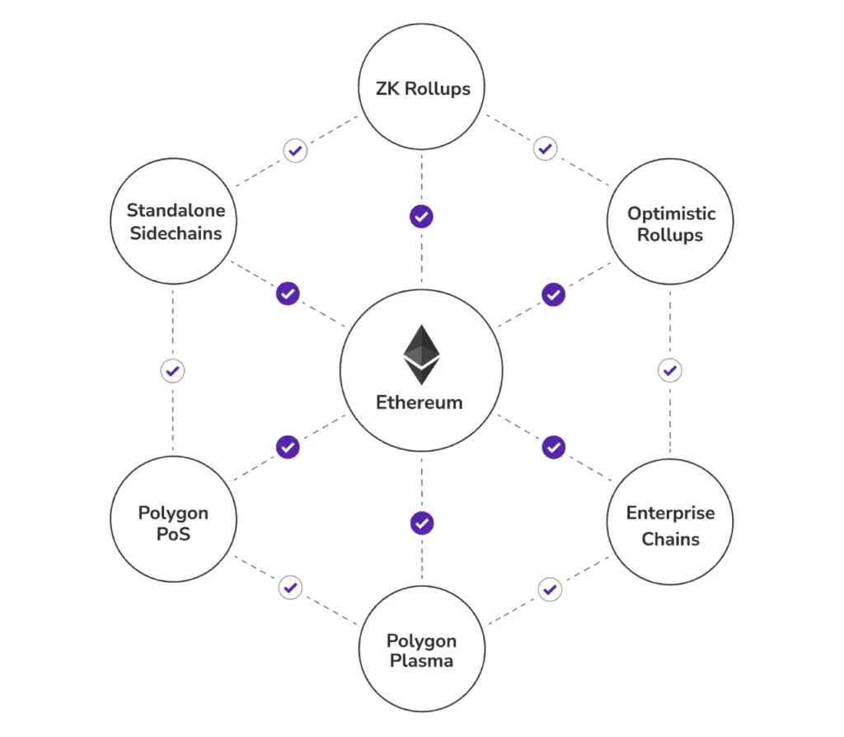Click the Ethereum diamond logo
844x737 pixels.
(x=421, y=354)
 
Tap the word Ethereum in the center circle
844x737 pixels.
(x=420, y=402)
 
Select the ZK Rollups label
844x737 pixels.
(x=423, y=88)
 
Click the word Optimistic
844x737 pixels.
(x=671, y=214)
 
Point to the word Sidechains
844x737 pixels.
(x=176, y=233)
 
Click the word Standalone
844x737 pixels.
(x=176, y=210)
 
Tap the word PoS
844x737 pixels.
(x=173, y=534)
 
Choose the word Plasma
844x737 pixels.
(x=421, y=660)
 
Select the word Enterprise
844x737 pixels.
(x=671, y=513)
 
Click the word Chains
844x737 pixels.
(x=671, y=539)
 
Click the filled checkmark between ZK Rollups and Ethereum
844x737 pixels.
(x=421, y=217)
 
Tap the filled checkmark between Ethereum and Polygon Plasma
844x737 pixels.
(x=422, y=523)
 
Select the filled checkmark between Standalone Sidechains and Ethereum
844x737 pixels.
(x=288, y=293)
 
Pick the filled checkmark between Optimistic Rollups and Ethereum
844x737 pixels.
(x=553, y=294)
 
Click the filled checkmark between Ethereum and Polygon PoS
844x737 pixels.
(x=288, y=447)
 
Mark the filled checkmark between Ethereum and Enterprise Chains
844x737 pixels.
(x=554, y=447)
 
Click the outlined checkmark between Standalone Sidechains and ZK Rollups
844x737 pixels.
(x=296, y=150)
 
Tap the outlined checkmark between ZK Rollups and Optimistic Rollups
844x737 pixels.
(x=546, y=148)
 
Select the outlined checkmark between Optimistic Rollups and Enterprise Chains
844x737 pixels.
(x=670, y=370)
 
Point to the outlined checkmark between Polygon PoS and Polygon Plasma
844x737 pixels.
(x=291, y=587)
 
